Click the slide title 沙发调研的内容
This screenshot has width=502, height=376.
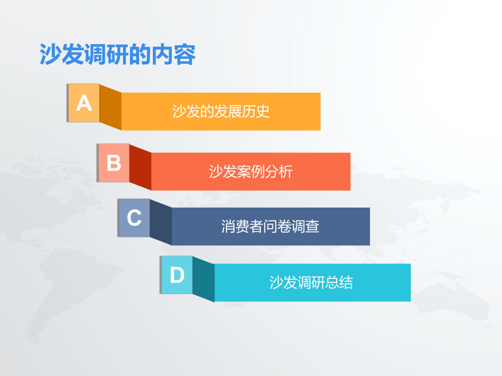pos(117,54)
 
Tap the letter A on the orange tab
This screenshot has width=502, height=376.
pos(84,103)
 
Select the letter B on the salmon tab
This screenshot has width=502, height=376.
pos(114,163)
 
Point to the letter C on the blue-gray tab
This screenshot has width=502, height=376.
pos(134,218)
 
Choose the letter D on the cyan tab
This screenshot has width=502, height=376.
pos(177,275)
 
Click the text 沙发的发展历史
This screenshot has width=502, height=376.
pos(221,112)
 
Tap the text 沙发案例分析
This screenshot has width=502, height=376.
pos(251,172)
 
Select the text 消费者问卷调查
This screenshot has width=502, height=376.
pos(271,226)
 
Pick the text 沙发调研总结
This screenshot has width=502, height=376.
pos(312,282)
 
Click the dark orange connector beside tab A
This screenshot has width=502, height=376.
pos(110,107)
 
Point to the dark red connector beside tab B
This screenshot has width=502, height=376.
pos(140,167)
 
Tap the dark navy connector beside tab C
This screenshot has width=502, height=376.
pos(160,222)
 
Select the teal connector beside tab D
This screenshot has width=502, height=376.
pos(204,279)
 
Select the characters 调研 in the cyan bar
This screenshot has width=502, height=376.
pos(312,282)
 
